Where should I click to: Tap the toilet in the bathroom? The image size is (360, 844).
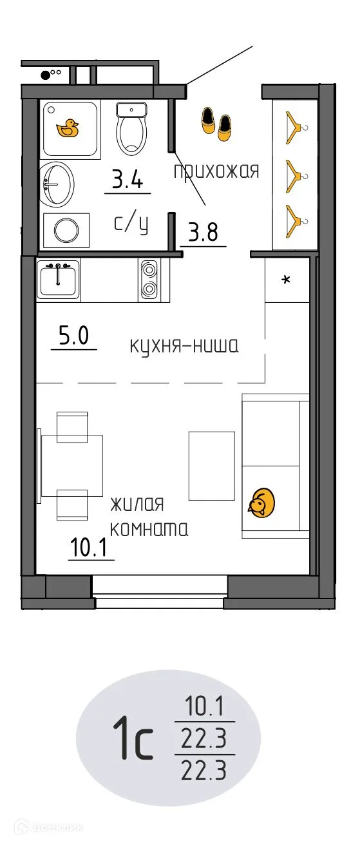[132, 127]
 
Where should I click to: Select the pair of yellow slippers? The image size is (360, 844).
[215, 122]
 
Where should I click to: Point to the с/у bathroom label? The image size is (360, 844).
[131, 224]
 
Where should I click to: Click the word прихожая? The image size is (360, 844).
[216, 171]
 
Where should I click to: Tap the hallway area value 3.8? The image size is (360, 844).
[202, 231]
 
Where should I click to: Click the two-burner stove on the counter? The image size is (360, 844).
[148, 280]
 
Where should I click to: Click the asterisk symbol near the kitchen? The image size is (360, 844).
[287, 280]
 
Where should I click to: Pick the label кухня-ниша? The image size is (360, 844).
[184, 347]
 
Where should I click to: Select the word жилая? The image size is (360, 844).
[137, 503]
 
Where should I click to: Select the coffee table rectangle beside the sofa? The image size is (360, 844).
[211, 464]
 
